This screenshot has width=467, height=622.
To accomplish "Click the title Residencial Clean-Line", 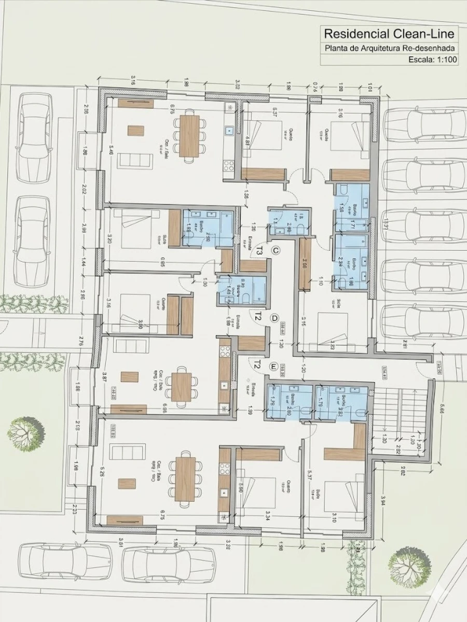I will point(390,34).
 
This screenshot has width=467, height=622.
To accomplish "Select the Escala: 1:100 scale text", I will point(432,60).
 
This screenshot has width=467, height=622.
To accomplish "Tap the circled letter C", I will point(276,251).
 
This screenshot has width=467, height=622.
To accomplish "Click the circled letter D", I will point(275,318).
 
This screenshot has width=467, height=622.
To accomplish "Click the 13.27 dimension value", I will point(384,227).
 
